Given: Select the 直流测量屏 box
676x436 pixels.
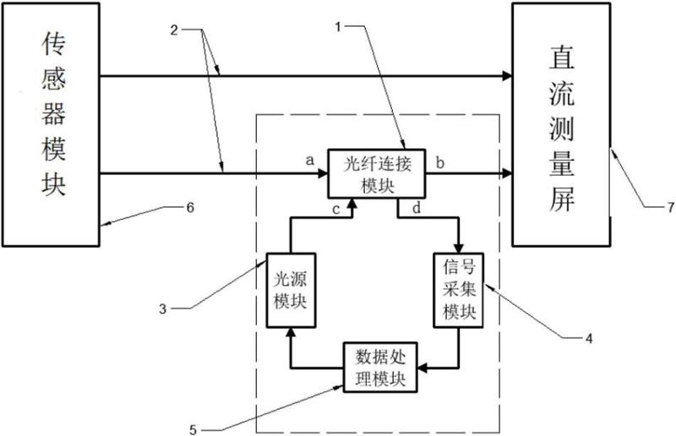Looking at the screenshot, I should click(561, 127).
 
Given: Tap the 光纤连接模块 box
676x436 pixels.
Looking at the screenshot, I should click(375, 174).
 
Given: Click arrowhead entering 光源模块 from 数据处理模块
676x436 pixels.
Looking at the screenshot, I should click(290, 332).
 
